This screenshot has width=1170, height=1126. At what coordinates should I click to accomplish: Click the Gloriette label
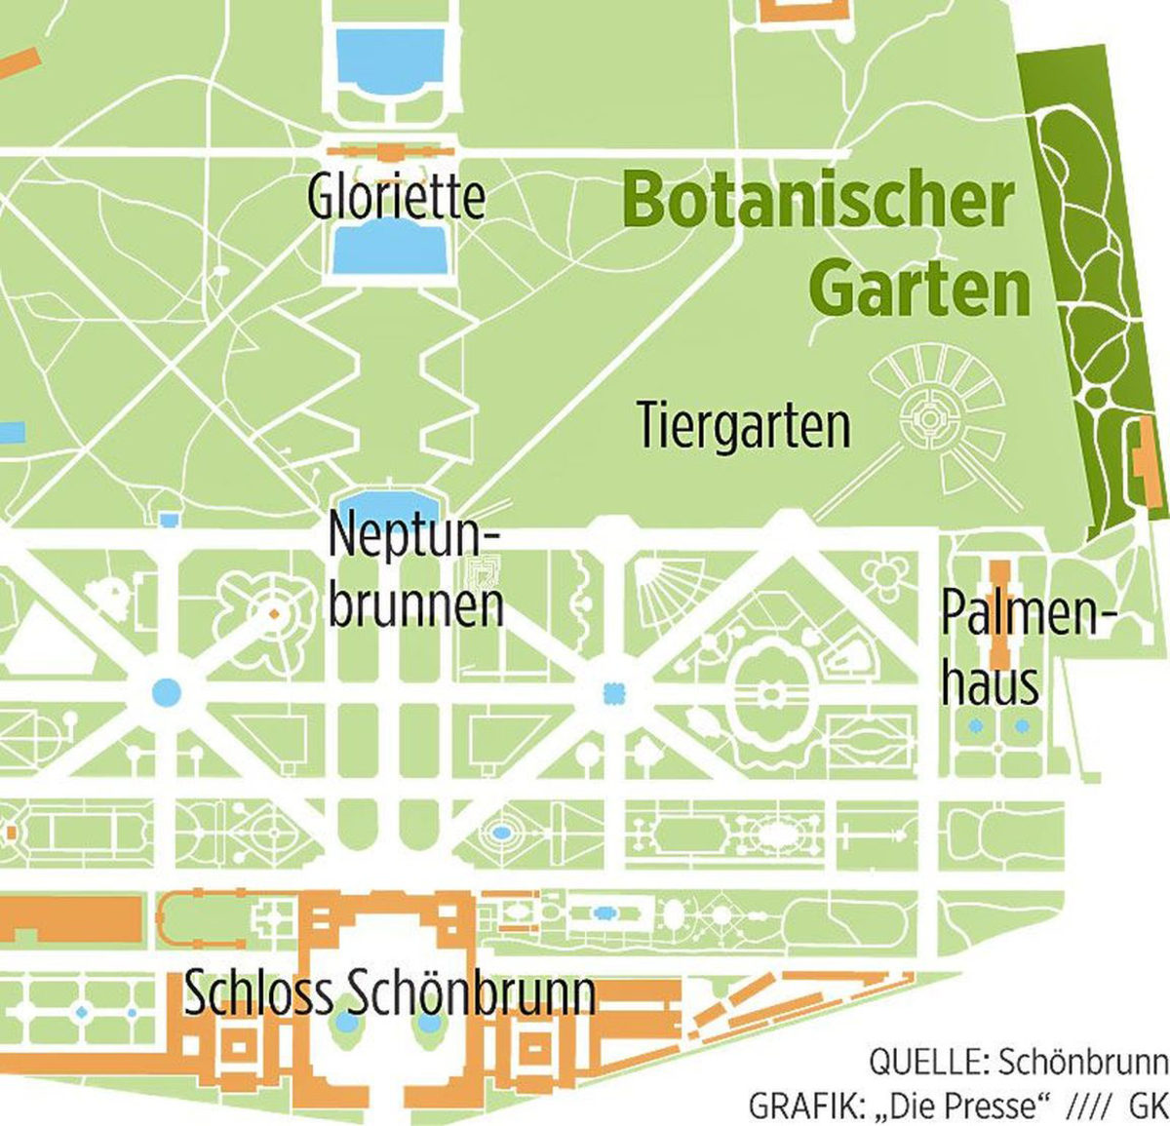pos(396,196)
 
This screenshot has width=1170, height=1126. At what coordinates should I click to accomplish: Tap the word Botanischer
pos(817,201)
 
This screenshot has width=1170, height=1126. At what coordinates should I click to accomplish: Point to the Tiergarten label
pos(743,426)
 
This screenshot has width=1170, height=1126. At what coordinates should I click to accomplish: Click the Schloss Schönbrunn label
pos(389,992)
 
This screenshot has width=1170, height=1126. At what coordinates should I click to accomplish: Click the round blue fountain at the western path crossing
pos(167,692)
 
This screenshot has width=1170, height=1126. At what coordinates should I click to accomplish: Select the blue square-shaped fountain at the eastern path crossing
pos(613,693)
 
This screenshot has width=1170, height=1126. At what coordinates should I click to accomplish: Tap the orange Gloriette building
pos(390,152)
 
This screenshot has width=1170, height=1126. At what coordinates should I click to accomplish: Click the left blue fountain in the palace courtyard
pos(346,1023)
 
